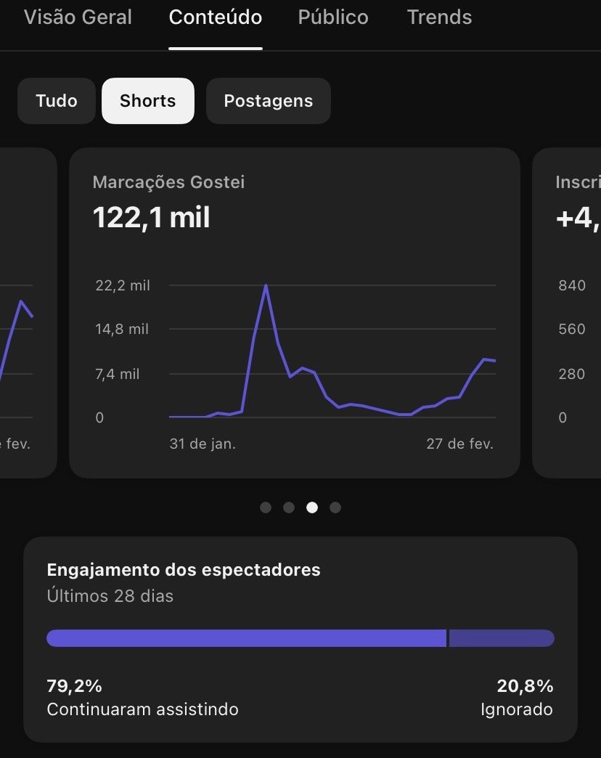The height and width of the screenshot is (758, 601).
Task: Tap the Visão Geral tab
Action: (78, 17)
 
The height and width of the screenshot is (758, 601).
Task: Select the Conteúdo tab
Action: (216, 17)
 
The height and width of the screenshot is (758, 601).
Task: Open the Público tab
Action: (333, 17)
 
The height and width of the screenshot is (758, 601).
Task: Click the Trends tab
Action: (439, 17)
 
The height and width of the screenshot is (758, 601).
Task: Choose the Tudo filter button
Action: (57, 101)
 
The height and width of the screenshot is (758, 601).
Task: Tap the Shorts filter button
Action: (148, 101)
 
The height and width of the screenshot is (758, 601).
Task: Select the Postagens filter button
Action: (269, 101)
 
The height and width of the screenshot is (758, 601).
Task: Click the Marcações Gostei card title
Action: (168, 182)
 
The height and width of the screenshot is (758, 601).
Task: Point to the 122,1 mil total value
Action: (152, 217)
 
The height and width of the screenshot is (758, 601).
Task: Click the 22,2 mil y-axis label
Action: (123, 285)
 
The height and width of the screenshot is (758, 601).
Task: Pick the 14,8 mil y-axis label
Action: (122, 329)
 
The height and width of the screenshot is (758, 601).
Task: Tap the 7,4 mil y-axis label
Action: (118, 374)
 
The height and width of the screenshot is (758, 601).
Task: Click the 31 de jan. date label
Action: (203, 444)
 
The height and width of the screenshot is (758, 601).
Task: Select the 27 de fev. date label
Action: (459, 444)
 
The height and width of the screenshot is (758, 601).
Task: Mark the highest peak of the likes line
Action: (266, 285)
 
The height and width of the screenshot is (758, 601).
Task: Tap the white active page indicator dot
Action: (312, 508)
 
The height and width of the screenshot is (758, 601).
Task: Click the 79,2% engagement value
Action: (75, 686)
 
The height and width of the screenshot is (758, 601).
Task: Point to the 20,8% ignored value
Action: (525, 686)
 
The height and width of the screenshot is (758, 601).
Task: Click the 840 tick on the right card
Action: (572, 285)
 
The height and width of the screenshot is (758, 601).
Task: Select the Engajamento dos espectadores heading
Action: (184, 570)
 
